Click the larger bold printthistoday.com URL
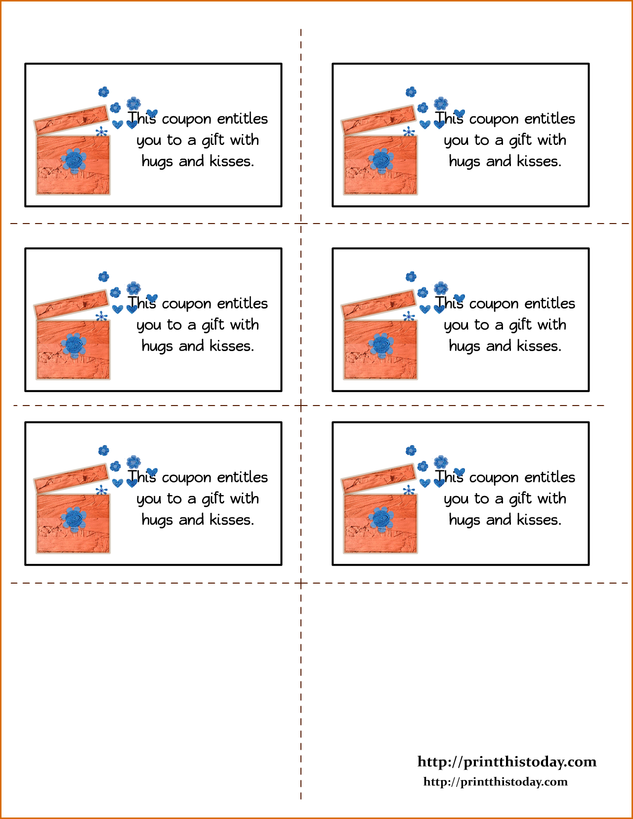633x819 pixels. (507, 762)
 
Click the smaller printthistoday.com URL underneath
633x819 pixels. (496, 782)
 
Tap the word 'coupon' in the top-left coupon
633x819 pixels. (186, 120)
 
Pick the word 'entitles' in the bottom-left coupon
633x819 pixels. (243, 477)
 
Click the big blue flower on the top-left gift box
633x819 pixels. (74, 161)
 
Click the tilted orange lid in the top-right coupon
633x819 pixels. (379, 120)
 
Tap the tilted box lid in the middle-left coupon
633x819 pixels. (72, 305)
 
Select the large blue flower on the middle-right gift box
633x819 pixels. (381, 345)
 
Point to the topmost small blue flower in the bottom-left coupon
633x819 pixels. (104, 451)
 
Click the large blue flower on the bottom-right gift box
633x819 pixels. (381, 519)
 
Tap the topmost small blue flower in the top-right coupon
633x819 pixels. (411, 92)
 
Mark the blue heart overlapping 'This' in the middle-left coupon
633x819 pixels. (152, 298)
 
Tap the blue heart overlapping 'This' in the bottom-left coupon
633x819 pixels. (152, 472)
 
